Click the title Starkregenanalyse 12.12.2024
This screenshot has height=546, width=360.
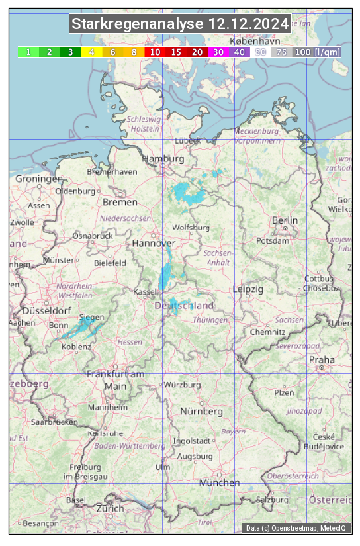pos(180,24)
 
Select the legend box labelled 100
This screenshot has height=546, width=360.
pos(302,52)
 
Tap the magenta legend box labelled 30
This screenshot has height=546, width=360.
pos(218,52)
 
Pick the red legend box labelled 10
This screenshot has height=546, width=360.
pos(155,52)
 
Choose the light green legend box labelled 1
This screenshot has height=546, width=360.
pos(28,52)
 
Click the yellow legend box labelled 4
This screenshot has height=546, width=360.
pos(92,52)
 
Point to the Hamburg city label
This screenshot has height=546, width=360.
pos(163,159)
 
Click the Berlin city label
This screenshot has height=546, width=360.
pos(285,220)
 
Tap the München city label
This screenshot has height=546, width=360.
pos(219,482)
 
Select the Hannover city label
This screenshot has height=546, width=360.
pos(153,243)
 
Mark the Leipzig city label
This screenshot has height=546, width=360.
pos(248,289)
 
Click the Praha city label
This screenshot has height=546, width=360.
pos(322,359)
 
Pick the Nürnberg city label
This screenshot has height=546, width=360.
pos(202,411)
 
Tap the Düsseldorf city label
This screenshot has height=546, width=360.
pos(47,310)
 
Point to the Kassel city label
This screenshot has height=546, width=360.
pos(144,291)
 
